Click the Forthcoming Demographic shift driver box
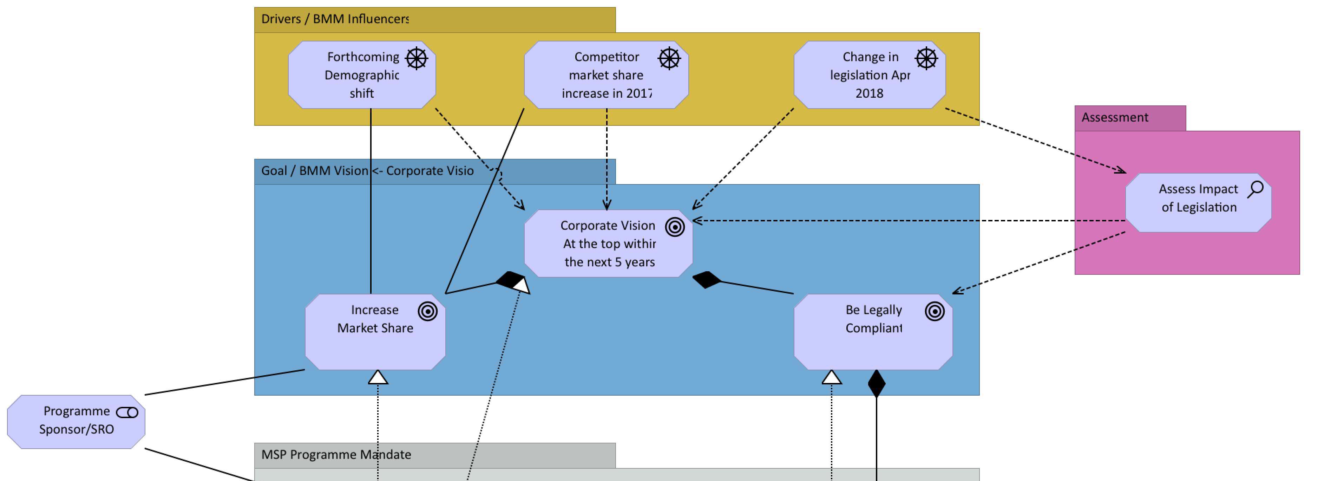tap(361, 75)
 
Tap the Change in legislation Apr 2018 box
tap(869, 75)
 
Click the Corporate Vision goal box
tap(608, 243)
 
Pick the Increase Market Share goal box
tap(375, 332)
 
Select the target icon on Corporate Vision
tap(675, 227)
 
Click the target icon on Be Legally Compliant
tap(935, 311)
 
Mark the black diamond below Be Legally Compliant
tap(876, 383)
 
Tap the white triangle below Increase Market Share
tap(378, 378)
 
